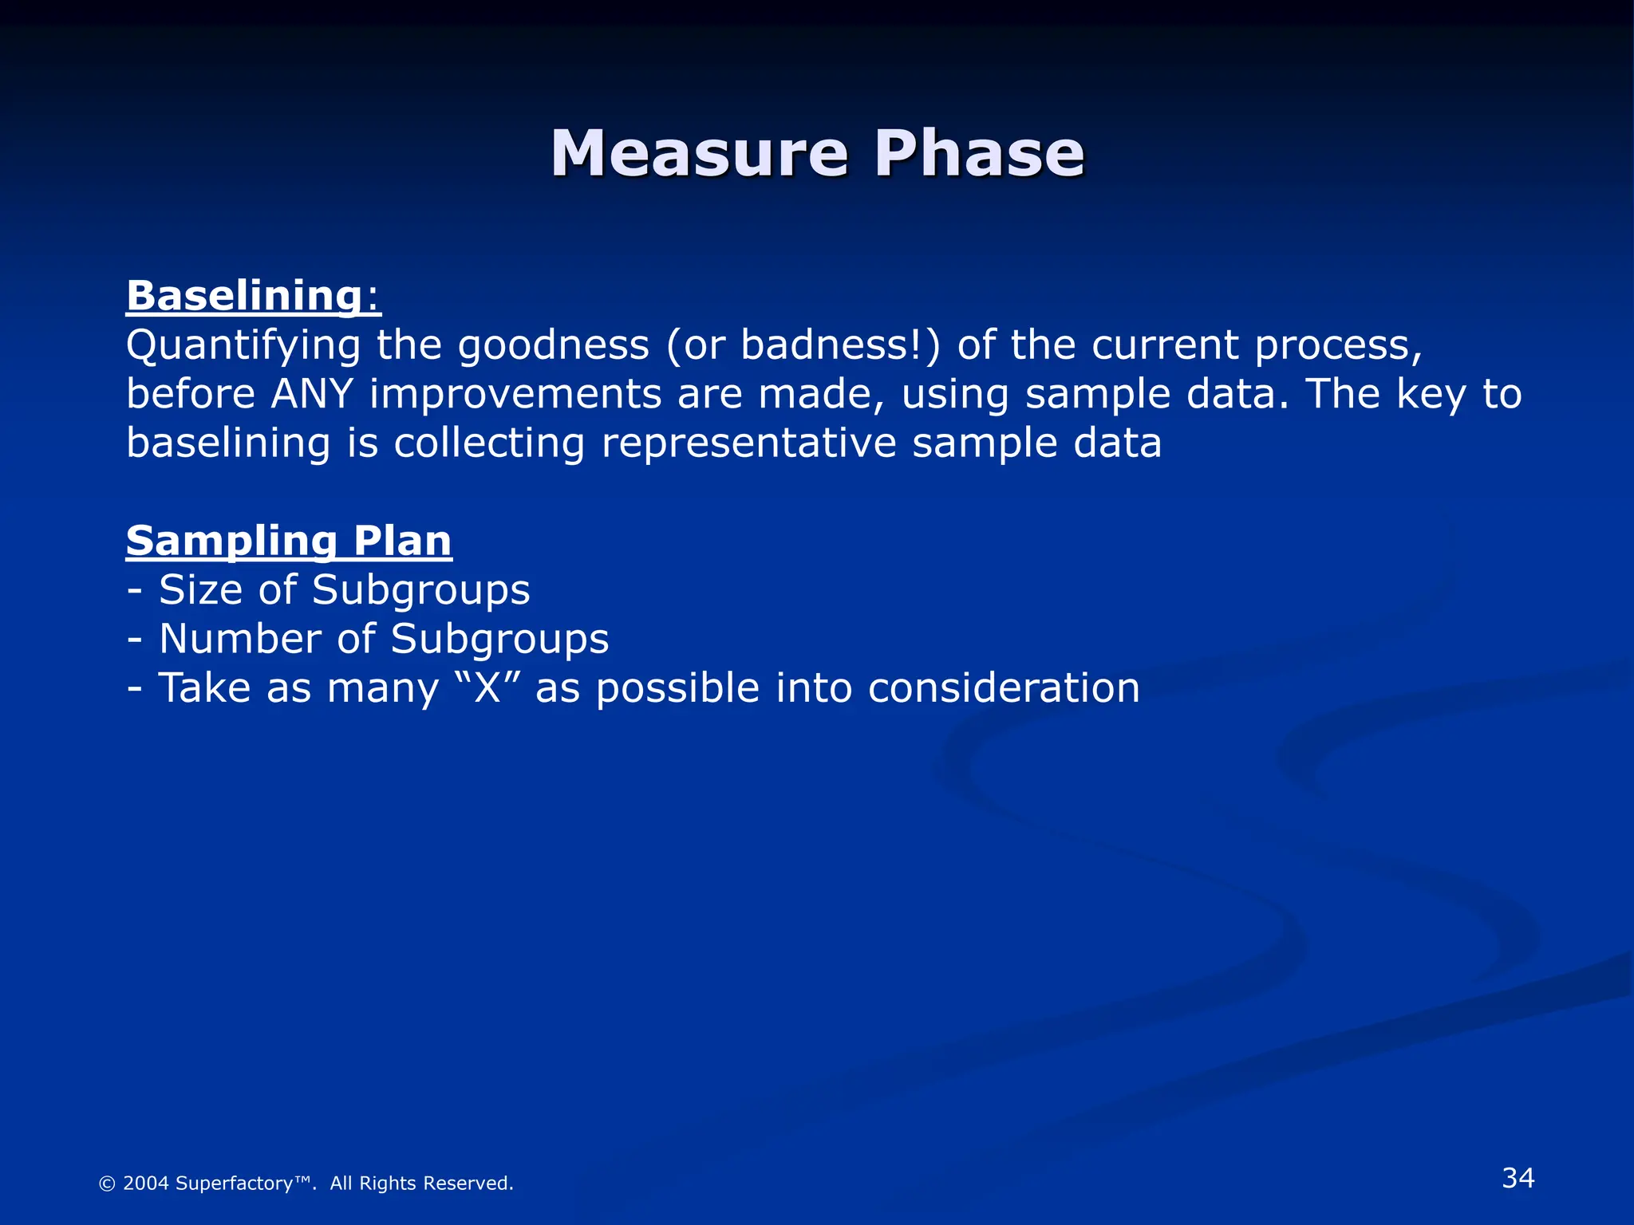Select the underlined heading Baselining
coord(245,296)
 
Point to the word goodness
coord(554,345)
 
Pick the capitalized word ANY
coord(312,395)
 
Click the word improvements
coord(515,395)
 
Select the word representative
coord(748,443)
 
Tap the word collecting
coord(489,443)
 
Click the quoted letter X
coord(487,688)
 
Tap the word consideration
coord(1004,688)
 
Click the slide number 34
coord(1518,1178)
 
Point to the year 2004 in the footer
coord(145,1184)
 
